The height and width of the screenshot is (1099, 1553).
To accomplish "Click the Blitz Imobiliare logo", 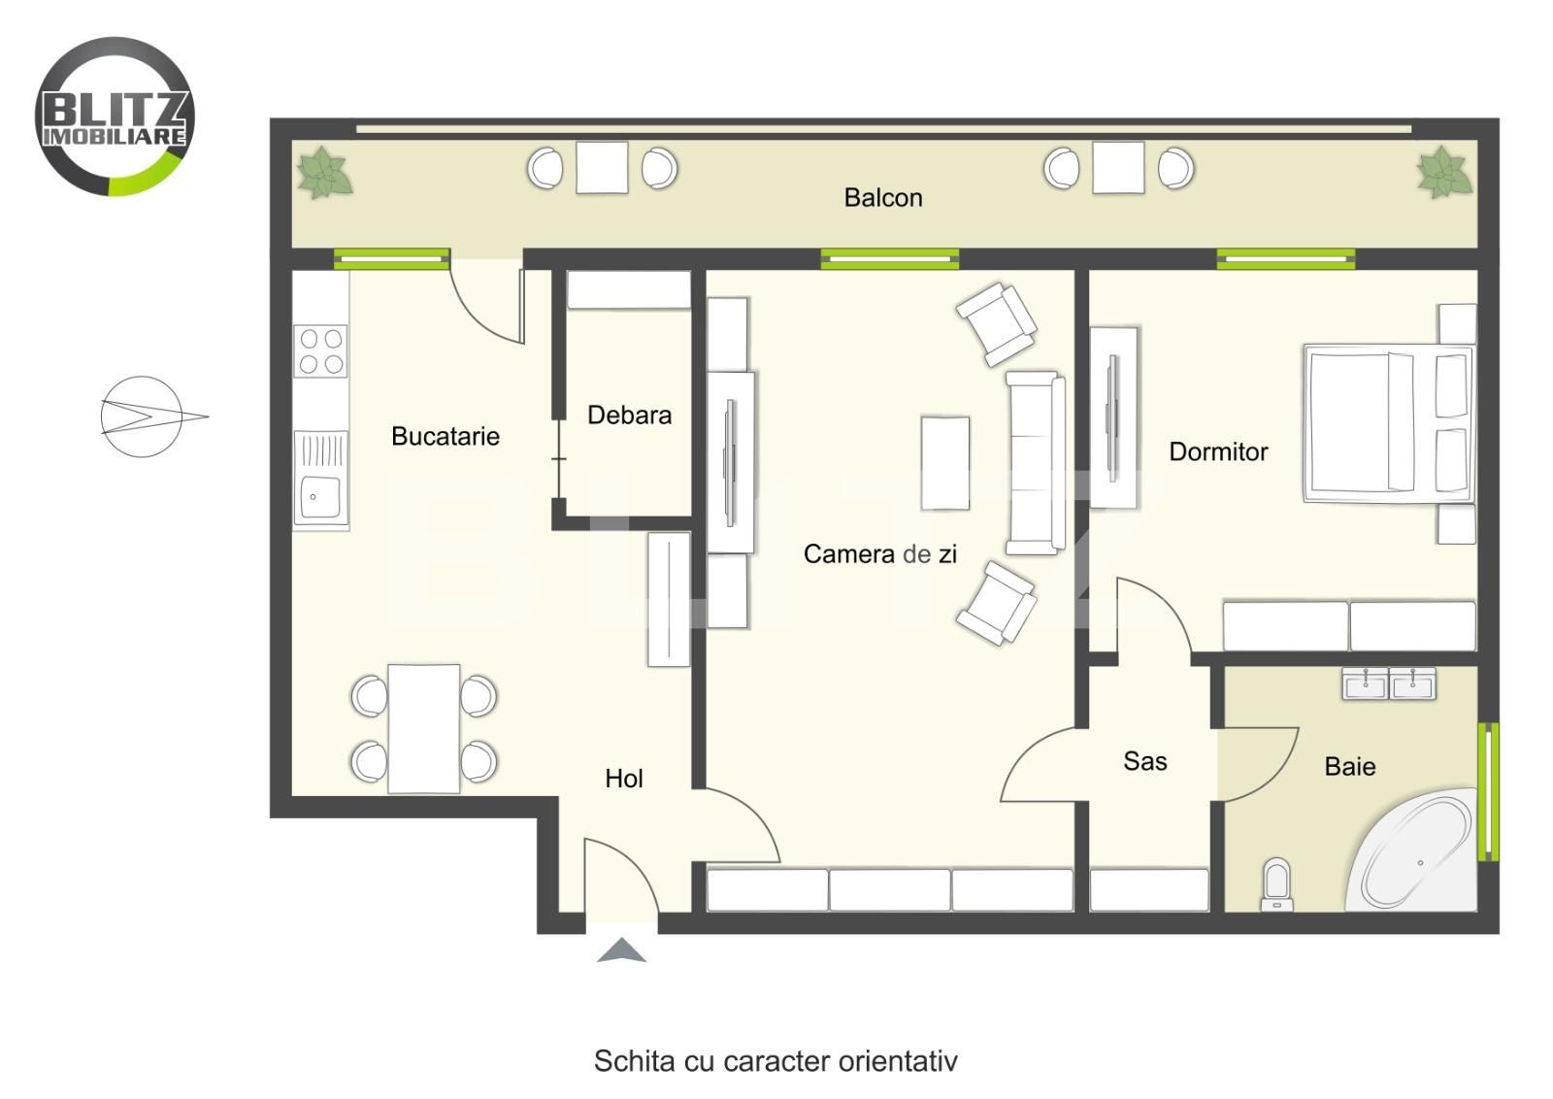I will pos(115,117).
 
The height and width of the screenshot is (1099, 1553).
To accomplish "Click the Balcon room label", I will pos(882,198).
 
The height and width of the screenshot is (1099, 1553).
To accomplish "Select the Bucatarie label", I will pos(445,436).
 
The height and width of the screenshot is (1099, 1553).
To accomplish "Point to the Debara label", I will pos(629,416).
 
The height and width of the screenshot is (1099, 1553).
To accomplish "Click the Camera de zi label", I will pos(879,554).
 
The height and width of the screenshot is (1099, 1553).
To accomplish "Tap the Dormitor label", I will pos(1217,451).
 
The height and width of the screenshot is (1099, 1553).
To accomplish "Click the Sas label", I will pos(1144,761).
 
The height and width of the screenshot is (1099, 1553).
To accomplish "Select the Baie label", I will pos(1349,767).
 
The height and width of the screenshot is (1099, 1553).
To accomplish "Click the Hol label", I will pos(623,779).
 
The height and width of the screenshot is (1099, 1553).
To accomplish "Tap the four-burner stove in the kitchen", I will pos(320,351).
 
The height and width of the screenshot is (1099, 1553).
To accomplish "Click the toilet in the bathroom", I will pos(1277,883).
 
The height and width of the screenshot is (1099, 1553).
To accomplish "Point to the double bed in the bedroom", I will pos(1378,422).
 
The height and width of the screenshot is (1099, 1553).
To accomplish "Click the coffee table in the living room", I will pos(944,462).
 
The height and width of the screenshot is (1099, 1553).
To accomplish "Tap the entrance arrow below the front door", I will pos(621,950).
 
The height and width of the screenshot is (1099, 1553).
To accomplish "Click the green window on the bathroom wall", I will pos(1486,791).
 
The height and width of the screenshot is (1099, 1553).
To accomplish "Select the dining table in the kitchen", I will pos(424,728).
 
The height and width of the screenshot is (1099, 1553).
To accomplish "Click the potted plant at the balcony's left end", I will pos(323,174).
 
